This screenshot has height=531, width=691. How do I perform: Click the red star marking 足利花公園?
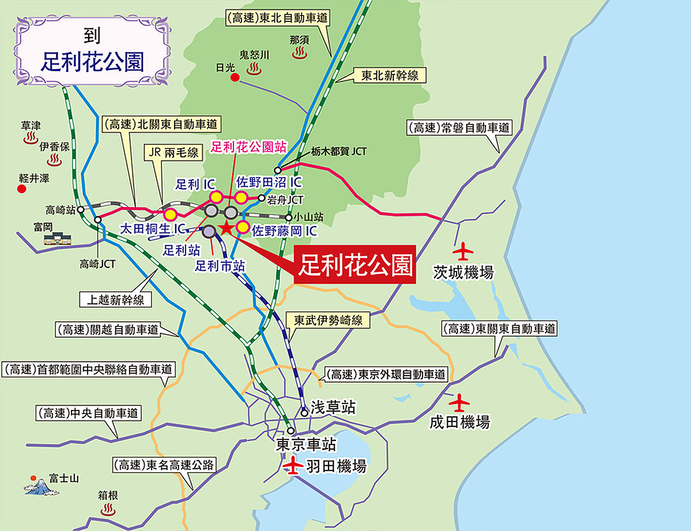point(226,228)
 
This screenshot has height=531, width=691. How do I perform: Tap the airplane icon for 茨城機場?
point(463,251)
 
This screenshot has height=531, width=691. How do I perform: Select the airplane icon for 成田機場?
point(460,401)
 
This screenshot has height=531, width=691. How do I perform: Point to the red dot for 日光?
point(235,78)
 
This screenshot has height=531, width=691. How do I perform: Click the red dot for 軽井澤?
point(22,189)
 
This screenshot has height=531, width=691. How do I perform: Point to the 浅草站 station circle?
point(304,412)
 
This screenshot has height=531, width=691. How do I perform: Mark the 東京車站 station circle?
point(292,431)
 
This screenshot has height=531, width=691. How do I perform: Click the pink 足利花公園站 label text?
point(248,147)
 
